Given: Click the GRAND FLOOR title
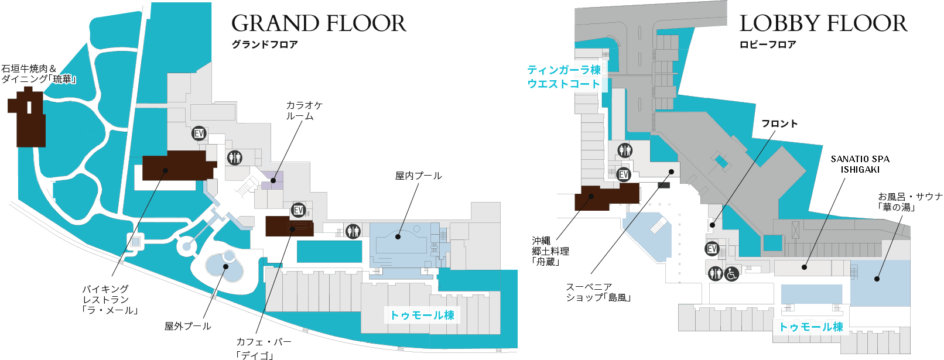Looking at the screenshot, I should click(319, 24).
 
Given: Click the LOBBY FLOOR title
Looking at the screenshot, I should click(823, 24).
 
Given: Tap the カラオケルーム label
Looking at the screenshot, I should click(304, 111).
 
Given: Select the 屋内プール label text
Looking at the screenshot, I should click(418, 176).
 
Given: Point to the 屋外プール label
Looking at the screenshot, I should click(187, 326).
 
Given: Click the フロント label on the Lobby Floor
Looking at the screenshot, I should click(779, 124).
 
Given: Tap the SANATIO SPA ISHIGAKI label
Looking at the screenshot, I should click(860, 164).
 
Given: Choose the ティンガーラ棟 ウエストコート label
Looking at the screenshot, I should click(563, 77).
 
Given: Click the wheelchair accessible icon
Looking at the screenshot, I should click(732, 273).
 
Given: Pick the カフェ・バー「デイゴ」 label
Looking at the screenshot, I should click(264, 348).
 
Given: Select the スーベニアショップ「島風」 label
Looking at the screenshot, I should click(598, 292).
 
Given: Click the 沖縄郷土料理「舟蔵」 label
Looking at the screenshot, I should click(550, 251).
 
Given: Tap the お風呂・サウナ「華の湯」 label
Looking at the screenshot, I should click(909, 201).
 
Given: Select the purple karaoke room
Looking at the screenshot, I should click(272, 180).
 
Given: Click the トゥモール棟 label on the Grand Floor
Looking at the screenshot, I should click(422, 315).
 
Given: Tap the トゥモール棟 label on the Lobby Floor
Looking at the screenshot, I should click(811, 327).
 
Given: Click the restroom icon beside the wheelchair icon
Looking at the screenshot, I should click(715, 273).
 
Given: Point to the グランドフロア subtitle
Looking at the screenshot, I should click(265, 44).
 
